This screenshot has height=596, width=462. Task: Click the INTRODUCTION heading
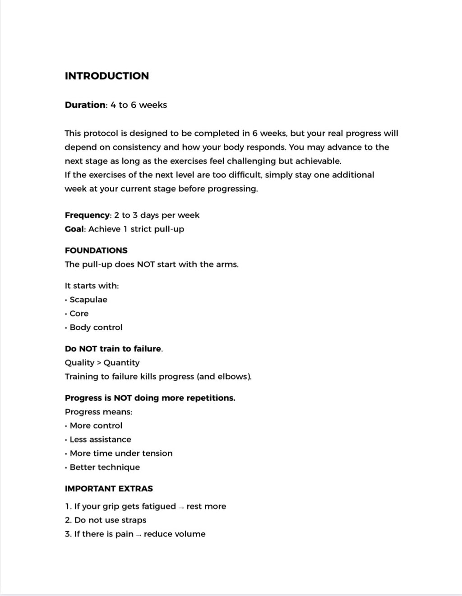106,76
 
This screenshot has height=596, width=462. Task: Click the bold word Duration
85,105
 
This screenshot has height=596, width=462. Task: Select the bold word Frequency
88,215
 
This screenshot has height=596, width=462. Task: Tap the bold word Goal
74,229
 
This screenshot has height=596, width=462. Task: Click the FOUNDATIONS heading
96,250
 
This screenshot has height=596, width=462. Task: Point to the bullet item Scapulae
88,300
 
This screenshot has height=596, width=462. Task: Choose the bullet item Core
79,314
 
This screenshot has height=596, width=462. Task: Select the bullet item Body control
96,328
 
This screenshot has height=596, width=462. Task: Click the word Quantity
121,363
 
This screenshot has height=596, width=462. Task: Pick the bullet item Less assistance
100,439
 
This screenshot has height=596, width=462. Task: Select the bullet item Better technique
105,467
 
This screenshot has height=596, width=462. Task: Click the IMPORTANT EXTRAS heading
109,489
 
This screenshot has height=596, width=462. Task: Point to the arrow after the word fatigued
181,507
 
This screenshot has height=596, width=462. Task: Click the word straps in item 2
134,520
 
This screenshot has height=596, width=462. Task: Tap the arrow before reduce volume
139,535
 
